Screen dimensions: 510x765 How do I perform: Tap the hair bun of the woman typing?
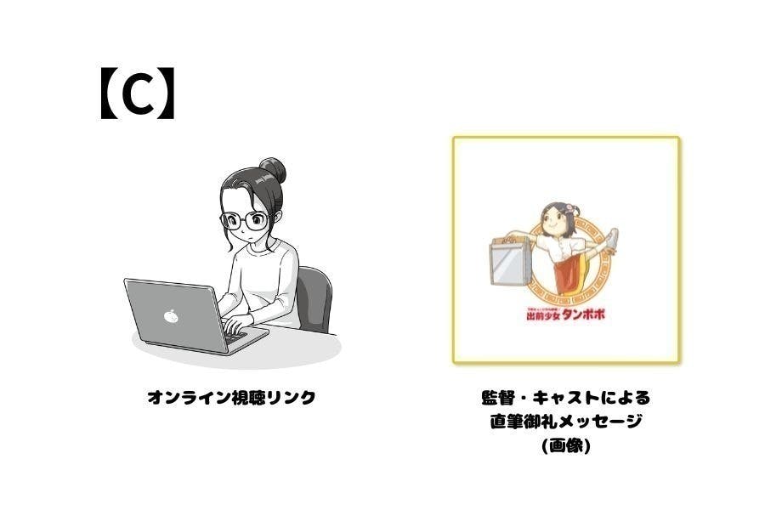coord(272,169)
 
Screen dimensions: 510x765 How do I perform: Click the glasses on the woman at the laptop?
coord(244,221)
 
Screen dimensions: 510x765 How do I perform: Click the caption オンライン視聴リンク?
coord(231,398)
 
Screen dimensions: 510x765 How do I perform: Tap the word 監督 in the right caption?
coord(496,398)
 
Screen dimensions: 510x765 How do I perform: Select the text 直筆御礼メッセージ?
coord(565,422)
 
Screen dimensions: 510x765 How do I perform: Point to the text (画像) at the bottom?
coord(565,445)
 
